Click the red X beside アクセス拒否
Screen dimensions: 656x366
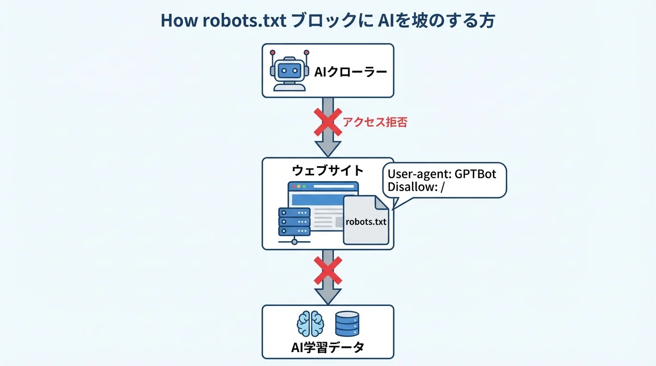[x=328, y=122]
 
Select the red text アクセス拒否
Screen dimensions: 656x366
[x=375, y=122]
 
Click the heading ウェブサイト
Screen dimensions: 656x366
[x=328, y=171]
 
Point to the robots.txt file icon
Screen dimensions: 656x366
[x=366, y=220]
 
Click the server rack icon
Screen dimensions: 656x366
[x=294, y=223]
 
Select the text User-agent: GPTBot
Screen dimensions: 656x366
[x=441, y=174]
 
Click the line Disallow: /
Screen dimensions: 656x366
[x=416, y=187]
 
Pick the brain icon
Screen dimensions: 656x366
[x=310, y=325]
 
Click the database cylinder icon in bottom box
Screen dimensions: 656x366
[x=347, y=324]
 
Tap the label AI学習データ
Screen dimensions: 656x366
[x=328, y=347]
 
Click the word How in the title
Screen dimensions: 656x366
[x=175, y=21]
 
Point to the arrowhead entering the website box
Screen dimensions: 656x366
[x=328, y=148]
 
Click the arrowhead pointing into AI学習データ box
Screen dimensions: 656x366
[x=328, y=296]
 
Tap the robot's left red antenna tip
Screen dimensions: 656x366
[x=272, y=52]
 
